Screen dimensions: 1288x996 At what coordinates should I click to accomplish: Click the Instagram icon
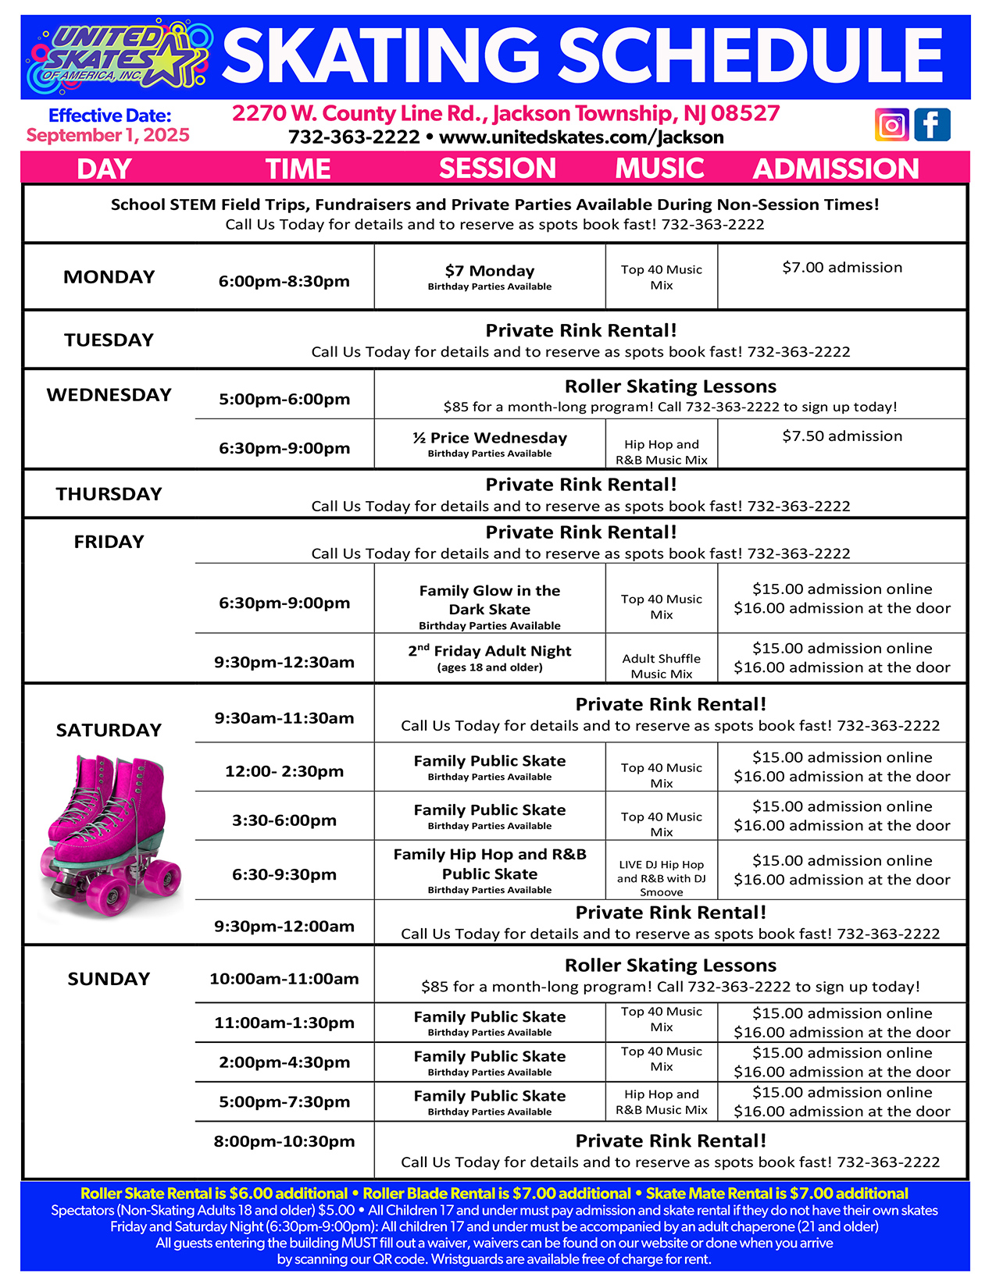(892, 125)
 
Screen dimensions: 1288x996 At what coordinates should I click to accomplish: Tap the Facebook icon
(933, 125)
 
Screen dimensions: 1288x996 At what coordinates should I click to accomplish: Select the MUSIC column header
(659, 169)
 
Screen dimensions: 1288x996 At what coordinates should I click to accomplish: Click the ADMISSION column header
(836, 169)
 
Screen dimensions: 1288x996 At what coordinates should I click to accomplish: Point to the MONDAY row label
(109, 277)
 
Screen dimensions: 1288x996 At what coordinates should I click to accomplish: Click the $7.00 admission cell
(842, 268)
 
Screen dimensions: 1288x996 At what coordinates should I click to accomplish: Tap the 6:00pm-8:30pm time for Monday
(284, 281)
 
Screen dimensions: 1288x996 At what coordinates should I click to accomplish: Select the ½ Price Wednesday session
(490, 439)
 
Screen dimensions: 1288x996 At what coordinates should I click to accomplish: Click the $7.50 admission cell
(842, 436)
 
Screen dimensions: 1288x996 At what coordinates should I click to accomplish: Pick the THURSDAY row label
(109, 494)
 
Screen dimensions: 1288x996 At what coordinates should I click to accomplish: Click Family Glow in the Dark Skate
(490, 600)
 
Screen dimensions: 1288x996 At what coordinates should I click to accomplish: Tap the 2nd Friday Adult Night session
(490, 652)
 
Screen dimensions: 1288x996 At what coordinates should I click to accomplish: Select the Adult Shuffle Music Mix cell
(662, 666)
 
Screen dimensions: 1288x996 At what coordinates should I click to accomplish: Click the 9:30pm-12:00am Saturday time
(284, 927)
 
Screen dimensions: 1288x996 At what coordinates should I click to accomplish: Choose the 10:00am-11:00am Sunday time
(284, 979)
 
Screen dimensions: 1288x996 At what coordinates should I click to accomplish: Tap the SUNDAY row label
(109, 979)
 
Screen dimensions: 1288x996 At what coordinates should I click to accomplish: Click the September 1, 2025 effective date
(108, 136)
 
